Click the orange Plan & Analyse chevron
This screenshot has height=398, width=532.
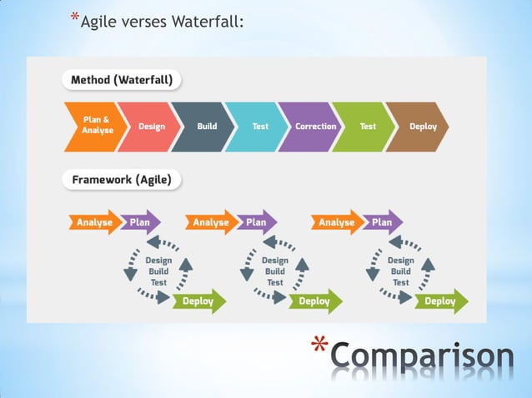coord(90,127)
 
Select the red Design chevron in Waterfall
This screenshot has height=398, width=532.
coord(147,127)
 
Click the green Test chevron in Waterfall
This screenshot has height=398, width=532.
coord(364,127)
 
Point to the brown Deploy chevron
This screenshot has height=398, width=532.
coord(419,127)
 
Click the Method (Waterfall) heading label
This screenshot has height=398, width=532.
coord(122,81)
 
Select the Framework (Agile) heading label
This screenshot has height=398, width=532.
coord(121,179)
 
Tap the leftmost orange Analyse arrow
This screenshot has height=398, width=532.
coord(93,222)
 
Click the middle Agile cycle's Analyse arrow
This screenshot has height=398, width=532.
coord(209,222)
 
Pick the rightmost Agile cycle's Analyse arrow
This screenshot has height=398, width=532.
coord(335,222)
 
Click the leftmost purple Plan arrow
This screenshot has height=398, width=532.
coord(138,222)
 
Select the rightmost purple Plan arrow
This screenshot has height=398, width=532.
coord(381,222)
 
